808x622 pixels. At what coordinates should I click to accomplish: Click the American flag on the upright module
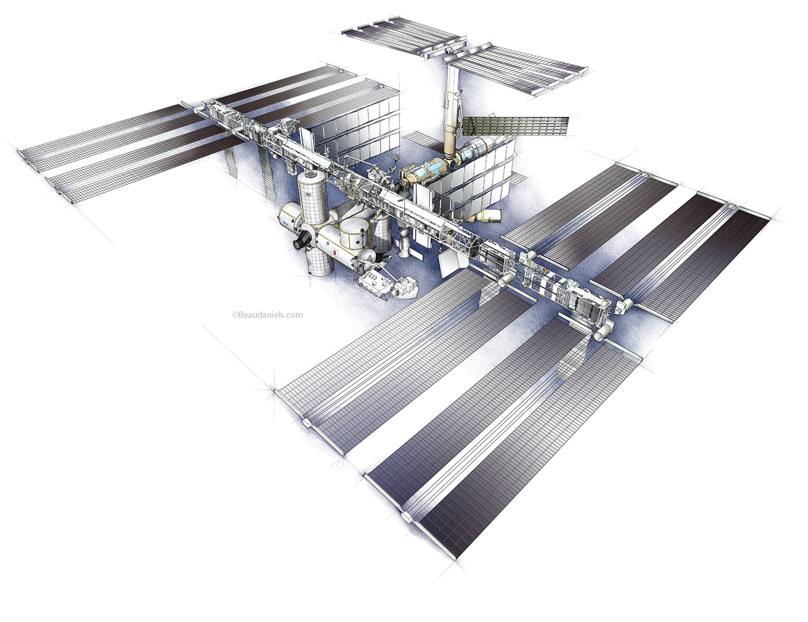[x=308, y=194]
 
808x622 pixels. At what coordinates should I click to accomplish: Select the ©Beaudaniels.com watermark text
[x=267, y=315]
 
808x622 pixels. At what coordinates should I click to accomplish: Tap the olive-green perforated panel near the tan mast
[x=516, y=126]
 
